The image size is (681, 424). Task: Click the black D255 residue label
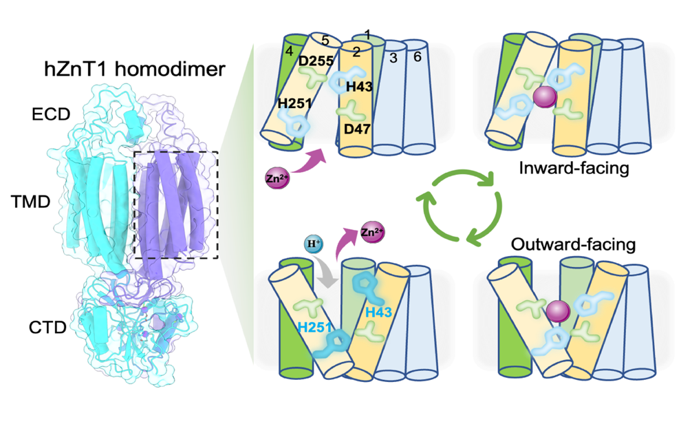[x=316, y=61]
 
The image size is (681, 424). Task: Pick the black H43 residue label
[x=359, y=86]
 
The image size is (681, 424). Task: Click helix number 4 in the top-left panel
[x=291, y=50]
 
